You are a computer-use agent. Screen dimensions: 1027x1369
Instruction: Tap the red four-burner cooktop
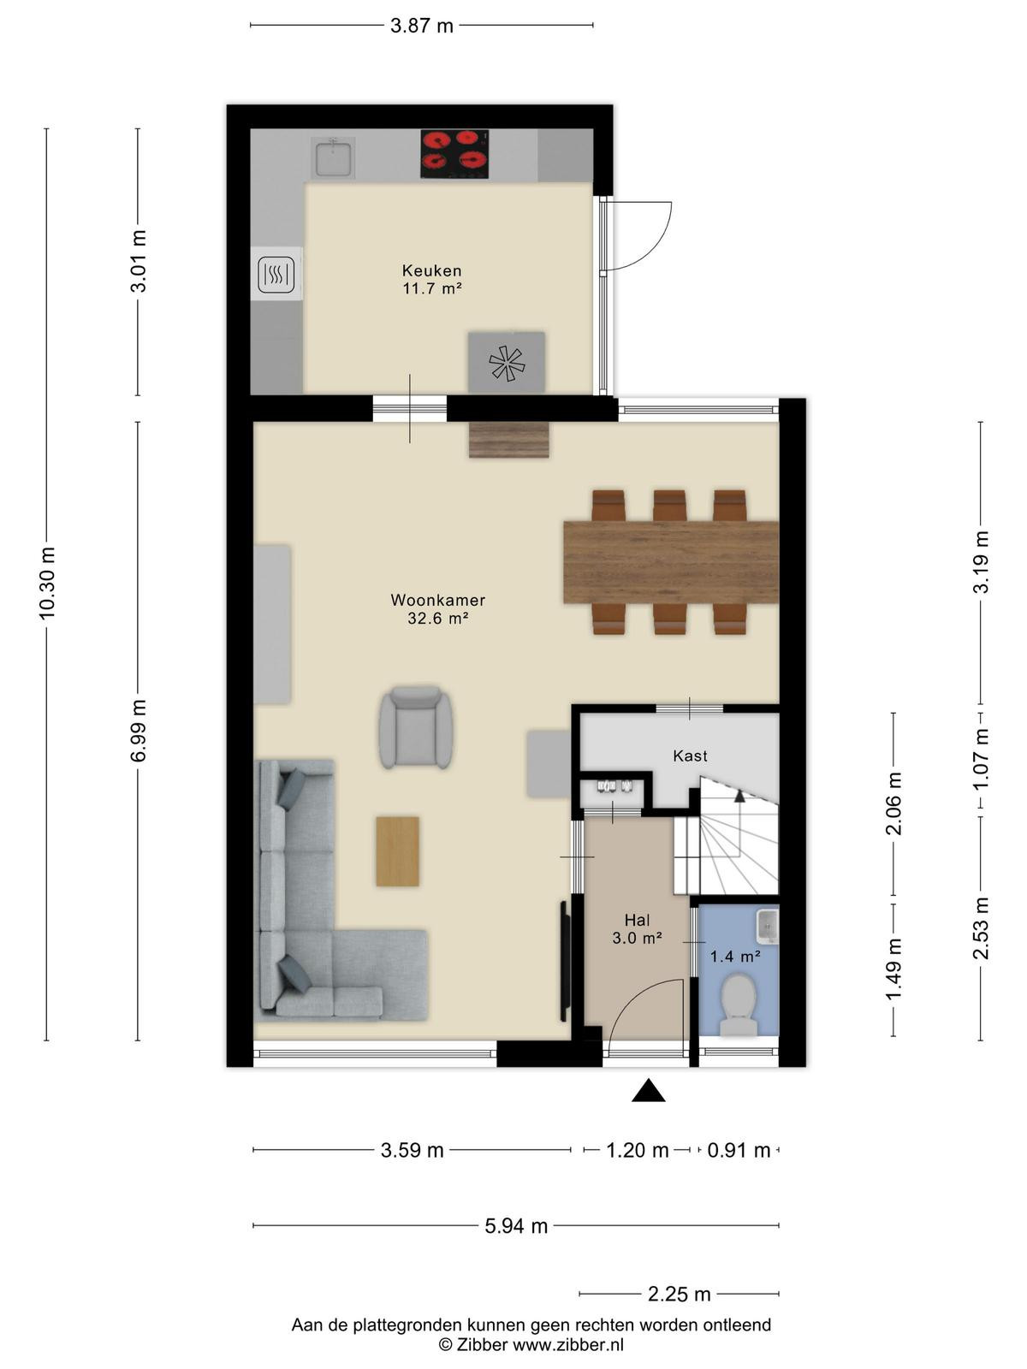[x=454, y=153]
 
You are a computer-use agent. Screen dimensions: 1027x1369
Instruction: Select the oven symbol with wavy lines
[x=276, y=274]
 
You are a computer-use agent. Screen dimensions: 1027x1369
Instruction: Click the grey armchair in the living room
[x=416, y=726]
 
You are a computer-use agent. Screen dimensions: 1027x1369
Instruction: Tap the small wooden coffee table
[x=397, y=851]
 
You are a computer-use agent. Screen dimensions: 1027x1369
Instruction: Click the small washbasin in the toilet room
[x=768, y=926]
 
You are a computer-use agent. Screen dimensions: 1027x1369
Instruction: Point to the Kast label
[x=691, y=756]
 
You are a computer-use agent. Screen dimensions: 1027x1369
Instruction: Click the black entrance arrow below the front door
[x=649, y=1090]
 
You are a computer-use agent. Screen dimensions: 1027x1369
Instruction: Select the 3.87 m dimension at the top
[x=422, y=27]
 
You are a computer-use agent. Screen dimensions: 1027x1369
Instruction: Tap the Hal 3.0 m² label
[x=637, y=928]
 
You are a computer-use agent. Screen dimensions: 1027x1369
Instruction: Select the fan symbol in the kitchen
[x=507, y=363]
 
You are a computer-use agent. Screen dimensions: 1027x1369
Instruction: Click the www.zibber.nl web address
[x=568, y=1345]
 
